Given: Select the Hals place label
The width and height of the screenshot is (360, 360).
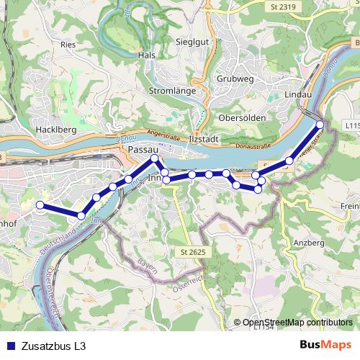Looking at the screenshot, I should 146,55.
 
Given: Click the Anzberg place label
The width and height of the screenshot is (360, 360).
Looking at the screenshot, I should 309,243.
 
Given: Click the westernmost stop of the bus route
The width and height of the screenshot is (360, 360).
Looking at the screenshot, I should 40,205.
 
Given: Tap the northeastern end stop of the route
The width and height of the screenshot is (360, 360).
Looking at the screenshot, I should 320,125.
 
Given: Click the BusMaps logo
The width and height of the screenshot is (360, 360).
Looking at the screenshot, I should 325,346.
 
